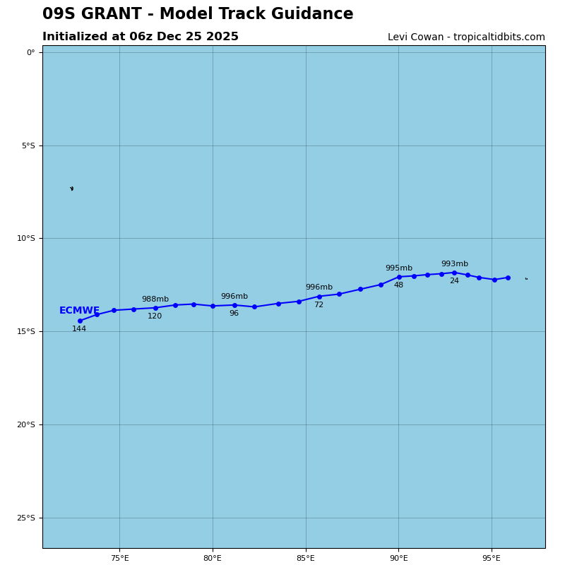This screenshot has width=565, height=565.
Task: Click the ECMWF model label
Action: click(79, 311)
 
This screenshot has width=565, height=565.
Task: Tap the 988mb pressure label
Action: click(155, 299)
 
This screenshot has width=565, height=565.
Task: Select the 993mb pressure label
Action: click(454, 264)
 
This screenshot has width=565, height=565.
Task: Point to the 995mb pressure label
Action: click(398, 268)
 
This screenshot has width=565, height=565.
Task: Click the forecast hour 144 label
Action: click(79, 329)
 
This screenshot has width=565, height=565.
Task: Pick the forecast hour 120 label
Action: click(155, 316)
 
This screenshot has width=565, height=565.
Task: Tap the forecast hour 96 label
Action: click(234, 314)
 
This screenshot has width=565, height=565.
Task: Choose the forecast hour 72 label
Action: click(319, 305)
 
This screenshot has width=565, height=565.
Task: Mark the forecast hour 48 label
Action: click(398, 285)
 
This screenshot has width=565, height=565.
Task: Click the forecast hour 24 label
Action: click(454, 281)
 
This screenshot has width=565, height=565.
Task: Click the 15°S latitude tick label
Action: click(26, 332)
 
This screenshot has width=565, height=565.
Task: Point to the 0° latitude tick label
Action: click(30, 52)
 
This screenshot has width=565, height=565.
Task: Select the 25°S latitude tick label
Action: click(26, 518)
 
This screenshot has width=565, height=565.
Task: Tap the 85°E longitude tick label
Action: click(306, 559)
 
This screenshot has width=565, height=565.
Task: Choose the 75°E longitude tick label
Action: click(119, 559)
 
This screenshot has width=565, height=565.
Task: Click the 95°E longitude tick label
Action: click(492, 559)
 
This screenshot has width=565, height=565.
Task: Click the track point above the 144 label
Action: click(80, 321)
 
